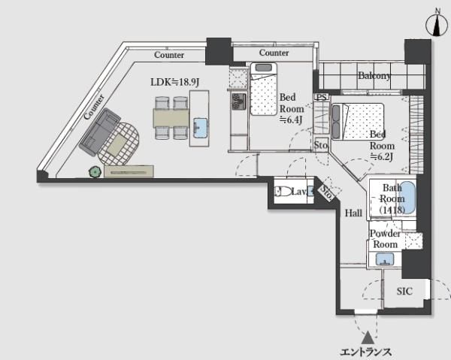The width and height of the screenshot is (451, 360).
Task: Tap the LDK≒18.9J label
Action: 175,82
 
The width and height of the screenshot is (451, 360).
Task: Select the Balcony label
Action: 374,76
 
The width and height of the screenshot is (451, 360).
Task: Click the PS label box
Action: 322,97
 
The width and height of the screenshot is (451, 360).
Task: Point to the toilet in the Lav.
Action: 282,192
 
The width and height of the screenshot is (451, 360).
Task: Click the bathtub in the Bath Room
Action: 407,197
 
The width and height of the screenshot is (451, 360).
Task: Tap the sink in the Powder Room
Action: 385,259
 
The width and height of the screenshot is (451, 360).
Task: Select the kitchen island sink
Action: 200,128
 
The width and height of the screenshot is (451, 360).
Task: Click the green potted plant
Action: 95,172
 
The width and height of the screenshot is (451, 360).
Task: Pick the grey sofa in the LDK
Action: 99,132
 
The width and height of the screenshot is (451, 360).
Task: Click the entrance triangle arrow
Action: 368,337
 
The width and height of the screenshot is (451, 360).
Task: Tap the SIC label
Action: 404,292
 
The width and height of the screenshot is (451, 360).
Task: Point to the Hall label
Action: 353,213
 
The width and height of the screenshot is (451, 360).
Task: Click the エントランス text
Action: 365,352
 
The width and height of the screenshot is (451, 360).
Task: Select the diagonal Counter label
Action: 94,107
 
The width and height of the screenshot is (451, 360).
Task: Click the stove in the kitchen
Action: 239,101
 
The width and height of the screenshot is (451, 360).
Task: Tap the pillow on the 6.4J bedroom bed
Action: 263,68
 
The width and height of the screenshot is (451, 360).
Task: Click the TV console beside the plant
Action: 129,171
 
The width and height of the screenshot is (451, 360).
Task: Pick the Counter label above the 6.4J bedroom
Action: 274,53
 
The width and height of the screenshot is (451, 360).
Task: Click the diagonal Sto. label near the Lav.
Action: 327,193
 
